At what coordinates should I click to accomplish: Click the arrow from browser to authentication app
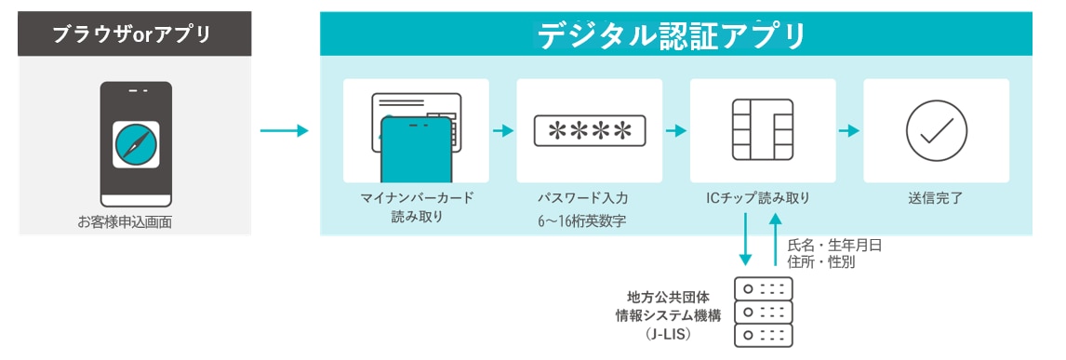(x=283, y=131)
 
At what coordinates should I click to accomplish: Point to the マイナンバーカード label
(x=417, y=198)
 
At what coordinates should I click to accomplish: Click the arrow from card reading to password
(x=502, y=131)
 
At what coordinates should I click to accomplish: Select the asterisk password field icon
(x=589, y=131)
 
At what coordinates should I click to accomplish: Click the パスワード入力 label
(x=589, y=198)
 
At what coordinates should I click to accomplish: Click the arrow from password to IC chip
(x=676, y=131)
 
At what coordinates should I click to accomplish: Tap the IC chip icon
(x=763, y=131)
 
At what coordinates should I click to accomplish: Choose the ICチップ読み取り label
(x=763, y=198)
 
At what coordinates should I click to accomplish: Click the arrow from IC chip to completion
(x=848, y=131)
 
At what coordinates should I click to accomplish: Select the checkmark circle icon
(x=936, y=131)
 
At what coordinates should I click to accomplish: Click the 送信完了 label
(x=936, y=198)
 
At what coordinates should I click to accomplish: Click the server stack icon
(x=763, y=312)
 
